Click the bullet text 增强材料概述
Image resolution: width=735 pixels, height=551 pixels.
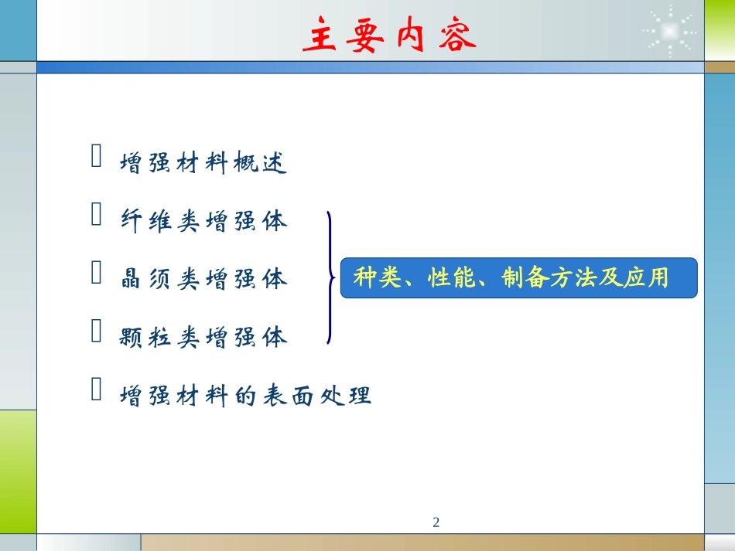tap(204, 163)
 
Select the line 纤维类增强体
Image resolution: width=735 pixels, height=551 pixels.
tap(204, 222)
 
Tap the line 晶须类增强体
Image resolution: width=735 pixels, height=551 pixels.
tap(204, 279)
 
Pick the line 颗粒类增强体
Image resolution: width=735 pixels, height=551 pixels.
tap(204, 338)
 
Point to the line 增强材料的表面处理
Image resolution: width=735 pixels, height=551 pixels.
tap(246, 396)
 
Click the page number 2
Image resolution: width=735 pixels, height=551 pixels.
tap(436, 522)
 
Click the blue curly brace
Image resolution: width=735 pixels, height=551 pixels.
tap(330, 277)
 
